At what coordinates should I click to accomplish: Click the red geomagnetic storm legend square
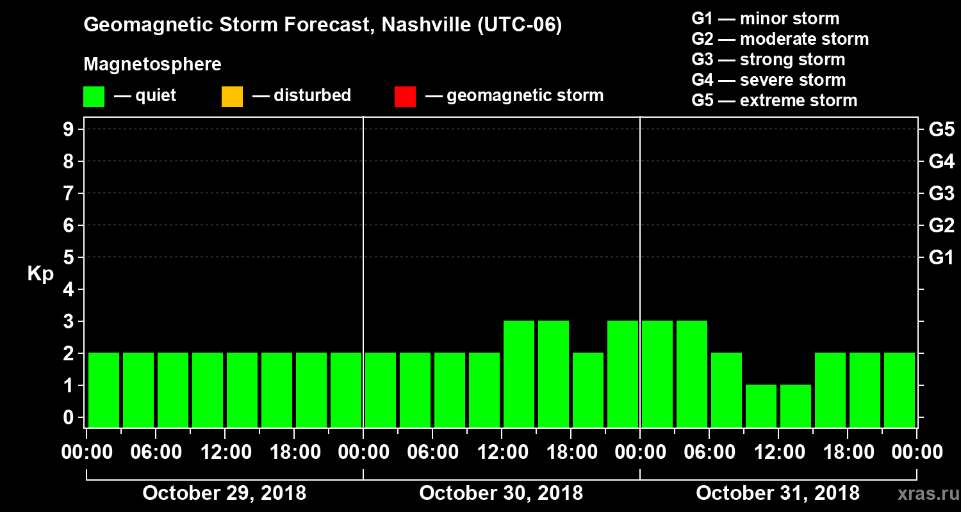coord(405,97)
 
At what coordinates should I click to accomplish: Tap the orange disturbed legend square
coord(232,97)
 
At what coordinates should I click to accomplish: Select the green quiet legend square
coord(94,97)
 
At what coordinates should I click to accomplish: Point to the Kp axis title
coord(40,274)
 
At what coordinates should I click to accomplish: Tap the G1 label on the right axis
coord(941,257)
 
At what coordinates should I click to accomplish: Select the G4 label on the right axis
coord(941,161)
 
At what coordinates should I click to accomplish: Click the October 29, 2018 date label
coord(224,493)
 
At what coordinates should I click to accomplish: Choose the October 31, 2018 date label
coord(778,493)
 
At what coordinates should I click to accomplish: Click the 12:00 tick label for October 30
coord(502,452)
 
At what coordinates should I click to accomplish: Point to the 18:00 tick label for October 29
coord(294,452)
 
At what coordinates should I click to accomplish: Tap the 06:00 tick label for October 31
coord(709,452)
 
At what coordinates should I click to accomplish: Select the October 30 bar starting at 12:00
coord(519,374)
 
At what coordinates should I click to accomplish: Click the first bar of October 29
coord(104,390)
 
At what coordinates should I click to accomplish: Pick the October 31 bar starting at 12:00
coord(796,406)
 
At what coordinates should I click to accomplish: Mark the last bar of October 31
coord(899,390)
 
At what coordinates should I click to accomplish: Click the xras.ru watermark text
coord(923,494)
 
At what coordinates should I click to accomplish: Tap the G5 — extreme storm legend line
coord(775,100)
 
